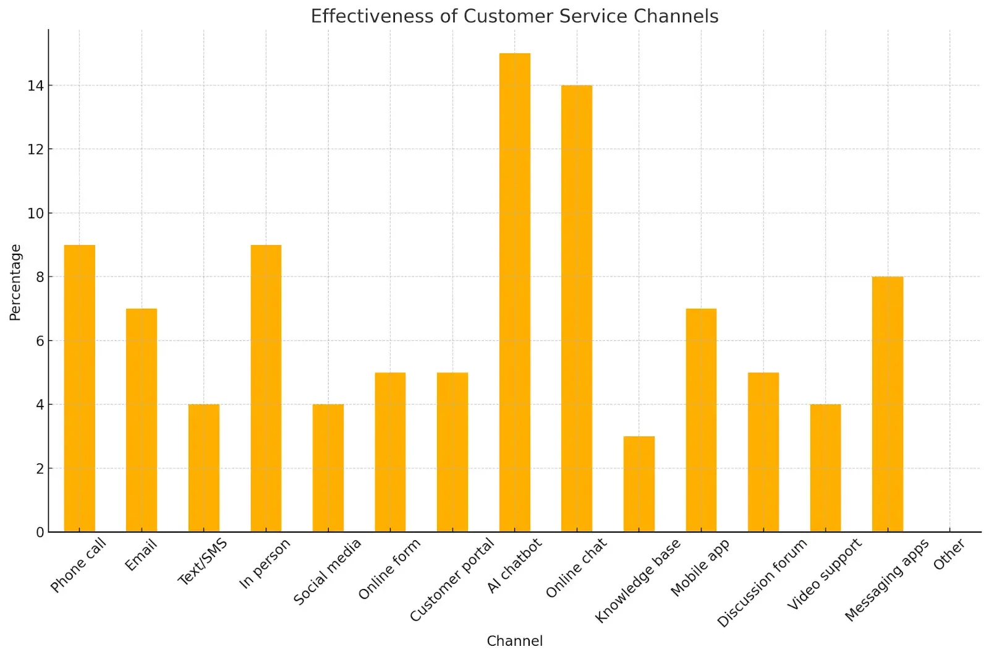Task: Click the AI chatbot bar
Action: tap(514, 293)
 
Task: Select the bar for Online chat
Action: tap(577, 309)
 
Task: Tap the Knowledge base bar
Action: tap(639, 484)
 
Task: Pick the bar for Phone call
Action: tap(80, 389)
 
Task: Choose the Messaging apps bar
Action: tap(888, 404)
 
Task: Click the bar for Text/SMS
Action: tap(204, 468)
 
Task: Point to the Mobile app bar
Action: tap(701, 420)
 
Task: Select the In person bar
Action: tap(266, 389)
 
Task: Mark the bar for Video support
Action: tap(825, 468)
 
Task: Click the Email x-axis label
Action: tap(141, 555)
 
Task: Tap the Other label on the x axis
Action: tap(949, 554)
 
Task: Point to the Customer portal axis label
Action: tap(452, 580)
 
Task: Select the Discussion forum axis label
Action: tap(762, 583)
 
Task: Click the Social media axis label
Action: tap(327, 572)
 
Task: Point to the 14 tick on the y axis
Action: tap(35, 86)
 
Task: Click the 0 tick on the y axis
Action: tap(40, 533)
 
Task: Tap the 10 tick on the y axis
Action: tap(35, 213)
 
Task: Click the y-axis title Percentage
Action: tap(15, 283)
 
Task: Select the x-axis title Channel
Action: tap(514, 641)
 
